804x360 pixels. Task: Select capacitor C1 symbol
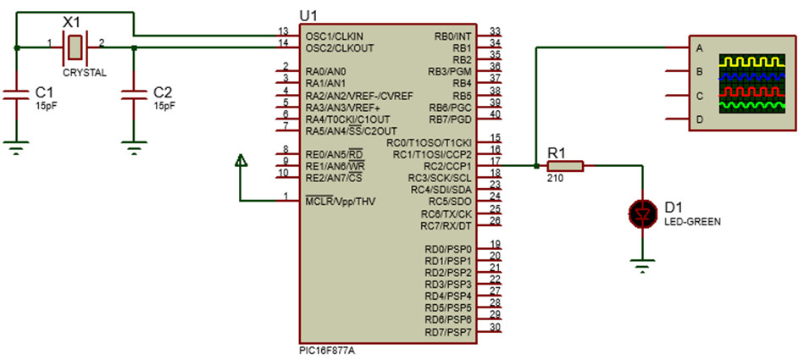click(x=16, y=95)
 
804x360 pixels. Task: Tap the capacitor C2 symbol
click(x=133, y=95)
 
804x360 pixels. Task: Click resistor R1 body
click(x=565, y=166)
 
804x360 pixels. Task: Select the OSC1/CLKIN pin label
click(x=334, y=36)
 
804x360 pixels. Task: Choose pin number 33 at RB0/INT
click(x=496, y=30)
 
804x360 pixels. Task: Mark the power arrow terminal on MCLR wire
click(x=241, y=160)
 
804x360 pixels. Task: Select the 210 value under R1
click(x=555, y=179)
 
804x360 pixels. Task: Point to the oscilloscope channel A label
click(x=699, y=47)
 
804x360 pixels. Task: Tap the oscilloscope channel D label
click(x=699, y=119)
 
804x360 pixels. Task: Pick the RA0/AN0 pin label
click(x=325, y=72)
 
